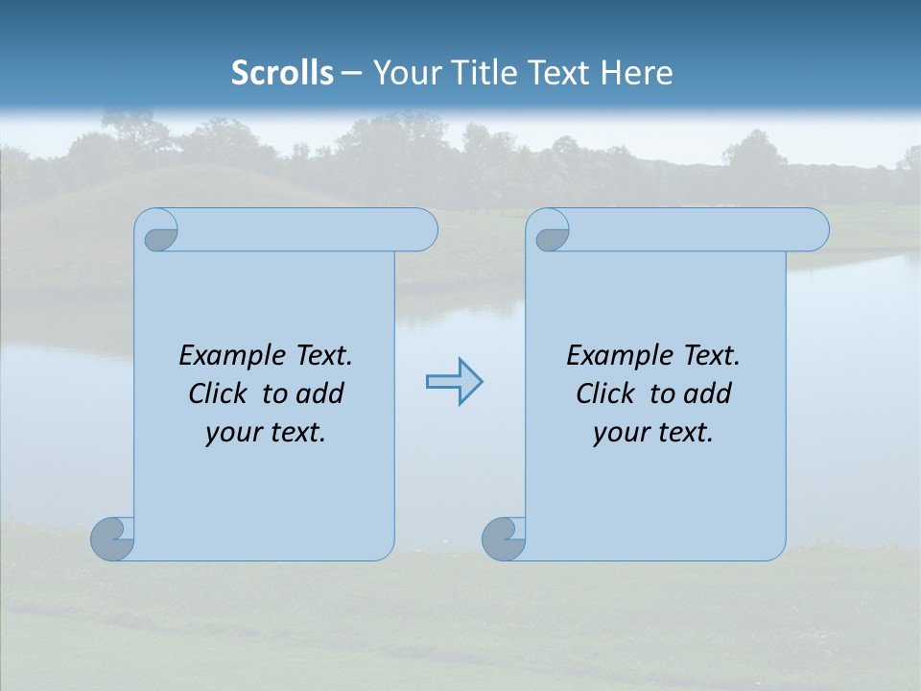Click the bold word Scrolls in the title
[x=282, y=73]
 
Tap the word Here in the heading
[x=636, y=73]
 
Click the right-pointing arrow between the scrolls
[x=454, y=382]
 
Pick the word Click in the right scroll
[x=605, y=393]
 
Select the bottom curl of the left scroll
[x=111, y=538]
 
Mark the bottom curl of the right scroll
[x=503, y=538]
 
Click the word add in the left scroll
[x=320, y=393]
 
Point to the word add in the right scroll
[x=708, y=393]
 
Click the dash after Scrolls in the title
[x=351, y=73]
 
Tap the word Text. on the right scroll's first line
[x=711, y=356]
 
